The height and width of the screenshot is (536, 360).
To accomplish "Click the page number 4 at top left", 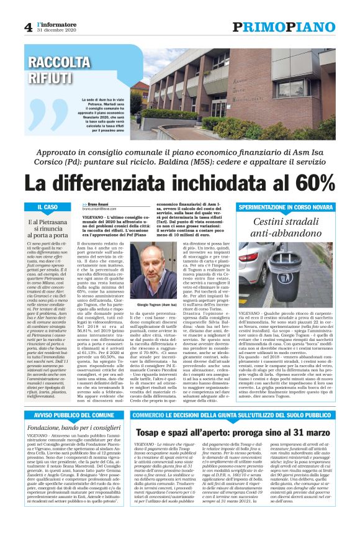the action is click(28, 27).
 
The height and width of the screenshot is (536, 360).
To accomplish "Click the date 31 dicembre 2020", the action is click(58, 30).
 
